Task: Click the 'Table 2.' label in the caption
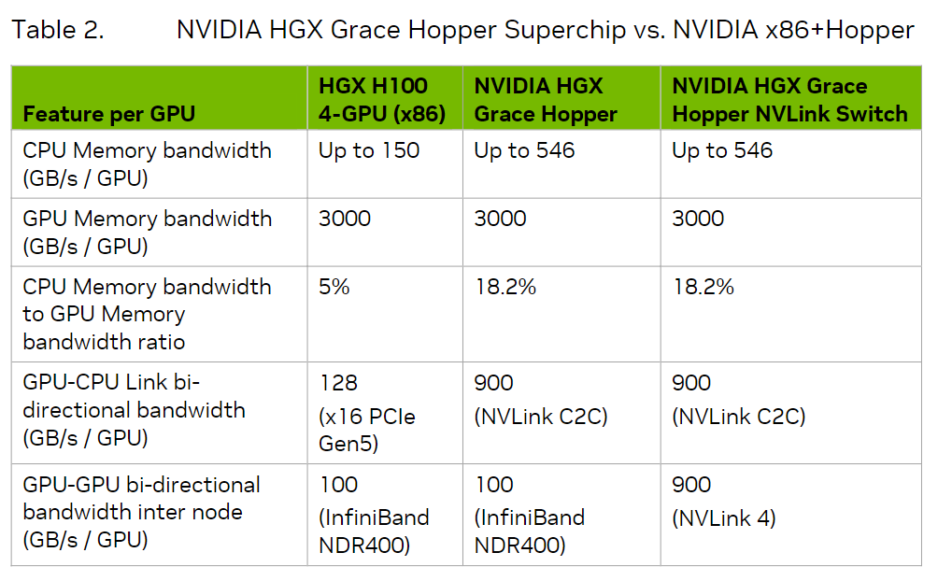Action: pyautogui.click(x=58, y=30)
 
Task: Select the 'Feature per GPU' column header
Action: pyautogui.click(x=109, y=114)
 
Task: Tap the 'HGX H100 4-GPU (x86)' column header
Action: pyautogui.click(x=382, y=100)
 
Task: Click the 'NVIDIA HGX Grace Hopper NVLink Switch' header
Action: pyautogui.click(x=789, y=100)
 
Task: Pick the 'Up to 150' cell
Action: pyautogui.click(x=369, y=150)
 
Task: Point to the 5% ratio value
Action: pyautogui.click(x=334, y=286)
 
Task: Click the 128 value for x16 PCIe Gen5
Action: pyautogui.click(x=339, y=382)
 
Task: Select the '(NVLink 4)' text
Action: pyautogui.click(x=724, y=518)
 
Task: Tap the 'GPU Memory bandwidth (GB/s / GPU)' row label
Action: pyautogui.click(x=148, y=232)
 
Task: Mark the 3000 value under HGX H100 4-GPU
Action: pyautogui.click(x=345, y=219)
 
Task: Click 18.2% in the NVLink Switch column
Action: pyautogui.click(x=703, y=286)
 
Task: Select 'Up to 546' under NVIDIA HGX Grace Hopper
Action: pyautogui.click(x=524, y=150)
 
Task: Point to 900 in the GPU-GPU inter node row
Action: pyautogui.click(x=691, y=485)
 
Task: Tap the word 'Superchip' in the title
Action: pyautogui.click(x=565, y=30)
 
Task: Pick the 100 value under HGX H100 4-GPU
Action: pyautogui.click(x=339, y=485)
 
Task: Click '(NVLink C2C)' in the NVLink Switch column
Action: pyautogui.click(x=739, y=417)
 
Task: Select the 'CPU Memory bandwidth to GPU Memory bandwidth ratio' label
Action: pyautogui.click(x=147, y=314)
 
